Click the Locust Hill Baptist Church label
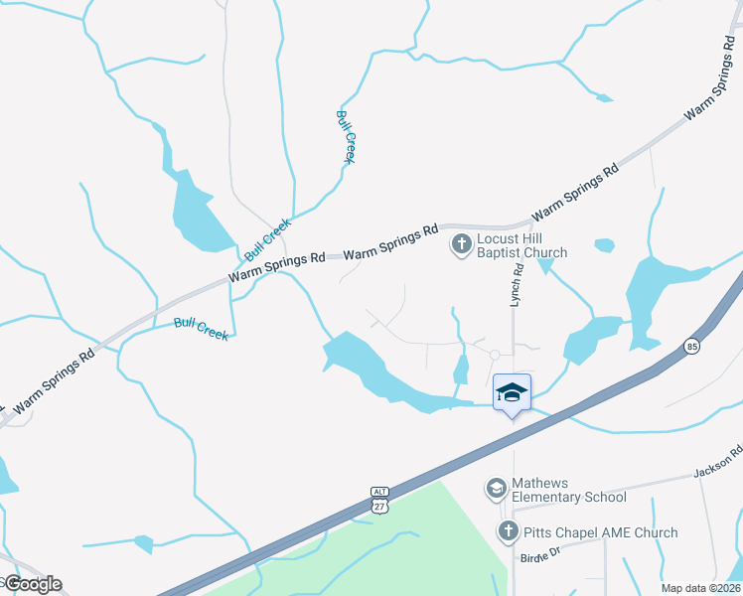click(522, 245)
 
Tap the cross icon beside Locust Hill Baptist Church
click(462, 243)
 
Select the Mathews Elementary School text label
click(569, 490)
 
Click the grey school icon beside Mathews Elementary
click(496, 489)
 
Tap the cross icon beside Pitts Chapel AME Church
click(509, 531)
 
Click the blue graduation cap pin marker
click(512, 392)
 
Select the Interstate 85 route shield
click(691, 346)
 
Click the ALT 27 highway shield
click(379, 500)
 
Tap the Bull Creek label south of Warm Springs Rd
click(202, 329)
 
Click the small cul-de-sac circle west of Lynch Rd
click(495, 354)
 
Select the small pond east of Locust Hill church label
click(604, 244)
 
